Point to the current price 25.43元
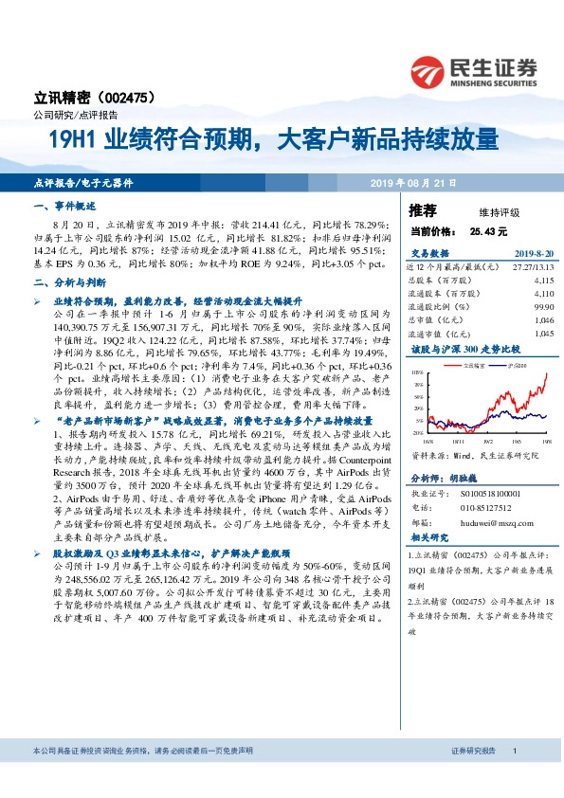coord(488,230)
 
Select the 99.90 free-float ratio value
coord(542,307)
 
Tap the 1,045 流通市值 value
coord(542,334)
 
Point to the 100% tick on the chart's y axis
coord(418,374)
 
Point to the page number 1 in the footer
coord(514,777)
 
